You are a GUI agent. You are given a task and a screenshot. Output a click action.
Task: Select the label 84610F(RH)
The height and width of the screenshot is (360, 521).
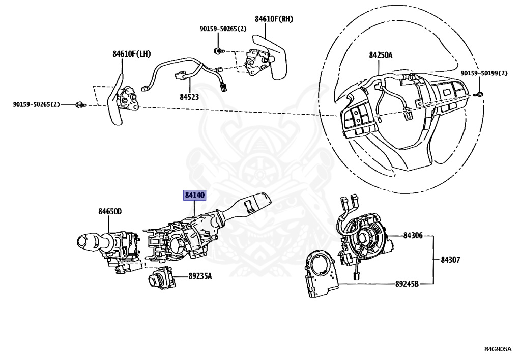pos(274,19)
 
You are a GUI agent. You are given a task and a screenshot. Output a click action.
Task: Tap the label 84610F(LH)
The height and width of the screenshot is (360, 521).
pos(132,53)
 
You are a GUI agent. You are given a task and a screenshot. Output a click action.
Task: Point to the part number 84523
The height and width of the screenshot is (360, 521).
pos(189,95)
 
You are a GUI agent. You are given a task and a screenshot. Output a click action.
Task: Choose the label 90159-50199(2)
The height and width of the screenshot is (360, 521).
pos(484,73)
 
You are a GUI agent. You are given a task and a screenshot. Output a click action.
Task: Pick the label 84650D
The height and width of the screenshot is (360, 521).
pos(110,211)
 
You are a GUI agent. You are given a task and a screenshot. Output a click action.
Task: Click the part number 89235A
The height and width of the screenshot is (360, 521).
pos(200,276)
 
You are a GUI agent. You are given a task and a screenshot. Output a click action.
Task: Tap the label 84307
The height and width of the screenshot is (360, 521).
pos(450,259)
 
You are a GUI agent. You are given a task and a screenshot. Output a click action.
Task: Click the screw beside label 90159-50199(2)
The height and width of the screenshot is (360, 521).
pos(480,93)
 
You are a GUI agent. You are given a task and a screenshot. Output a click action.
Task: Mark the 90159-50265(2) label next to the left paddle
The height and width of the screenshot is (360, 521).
pos(36,104)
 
